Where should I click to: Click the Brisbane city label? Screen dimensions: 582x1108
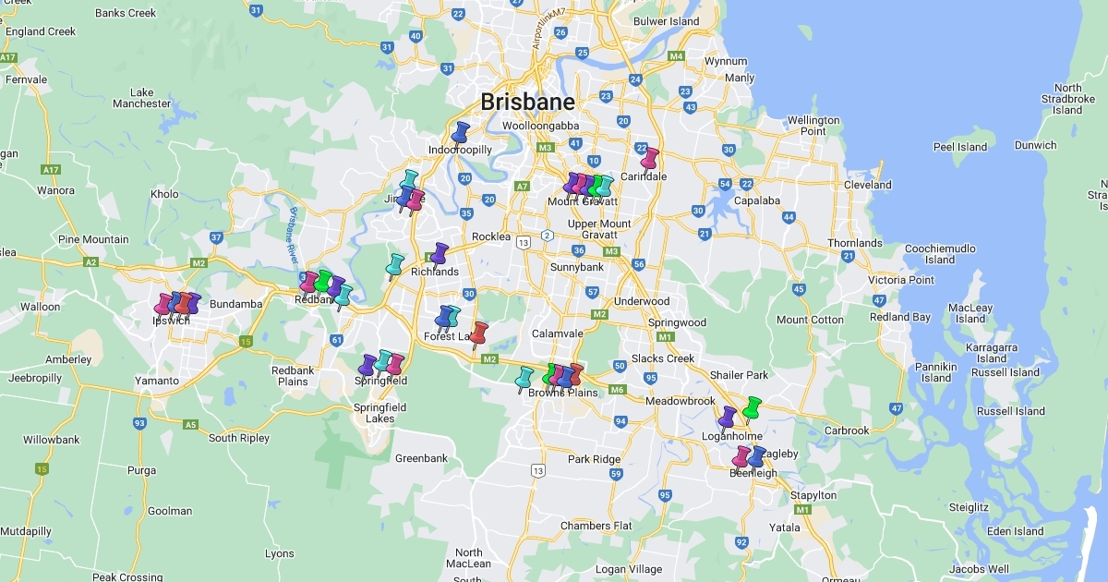tap(527, 102)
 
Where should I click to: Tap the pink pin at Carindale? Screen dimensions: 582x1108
tap(651, 158)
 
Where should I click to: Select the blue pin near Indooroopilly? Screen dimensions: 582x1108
tap(461, 132)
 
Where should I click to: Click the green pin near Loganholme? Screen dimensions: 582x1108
tap(753, 407)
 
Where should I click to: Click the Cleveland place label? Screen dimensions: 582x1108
tap(867, 185)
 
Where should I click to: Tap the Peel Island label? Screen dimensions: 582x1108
tap(960, 147)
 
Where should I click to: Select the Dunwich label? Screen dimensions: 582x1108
tap(1035, 145)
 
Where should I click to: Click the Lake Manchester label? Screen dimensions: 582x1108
tap(142, 98)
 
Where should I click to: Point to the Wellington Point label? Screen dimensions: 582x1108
tap(813, 126)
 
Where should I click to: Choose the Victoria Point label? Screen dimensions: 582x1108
tap(901, 280)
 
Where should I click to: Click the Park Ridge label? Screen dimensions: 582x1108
tap(594, 459)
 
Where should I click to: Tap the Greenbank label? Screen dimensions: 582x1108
tap(421, 458)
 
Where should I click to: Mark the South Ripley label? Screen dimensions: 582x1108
tap(239, 438)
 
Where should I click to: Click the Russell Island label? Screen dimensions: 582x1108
tap(1011, 411)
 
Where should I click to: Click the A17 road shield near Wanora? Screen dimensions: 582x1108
tap(51, 170)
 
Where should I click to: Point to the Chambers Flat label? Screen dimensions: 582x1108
tap(596, 526)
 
